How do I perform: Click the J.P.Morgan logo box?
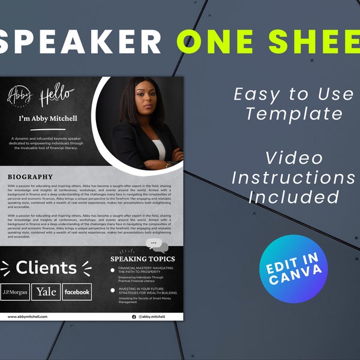(x=14, y=292)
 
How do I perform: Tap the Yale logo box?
(x=46, y=292)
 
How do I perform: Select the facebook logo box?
(x=77, y=292)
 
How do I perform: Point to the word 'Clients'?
(x=46, y=267)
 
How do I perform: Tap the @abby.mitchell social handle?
(x=152, y=316)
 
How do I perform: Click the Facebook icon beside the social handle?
(x=134, y=316)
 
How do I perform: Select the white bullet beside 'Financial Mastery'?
(x=113, y=271)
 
